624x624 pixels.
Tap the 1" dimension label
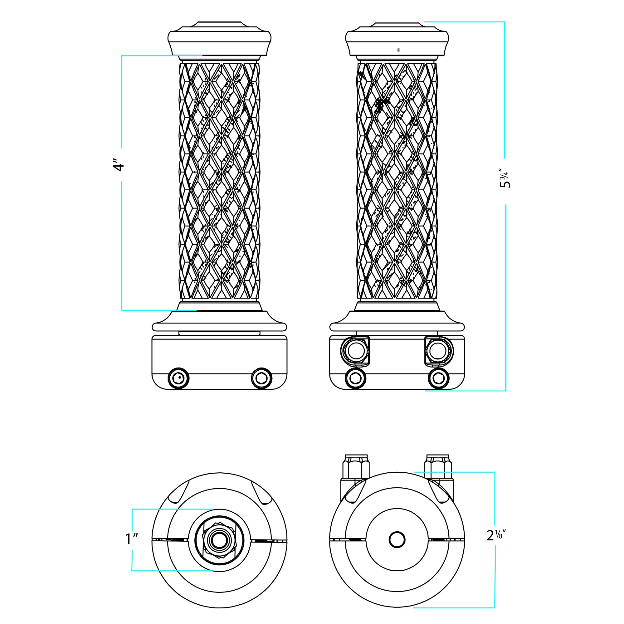132,539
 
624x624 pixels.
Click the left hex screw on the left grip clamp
178,378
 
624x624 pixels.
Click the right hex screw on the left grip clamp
262,378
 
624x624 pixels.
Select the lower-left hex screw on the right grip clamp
356,378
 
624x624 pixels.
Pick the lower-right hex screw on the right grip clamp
439,378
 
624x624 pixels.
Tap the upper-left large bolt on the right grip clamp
355,351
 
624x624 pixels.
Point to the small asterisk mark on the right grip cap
398,50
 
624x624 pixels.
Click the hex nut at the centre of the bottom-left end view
219,540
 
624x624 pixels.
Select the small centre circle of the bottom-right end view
397,540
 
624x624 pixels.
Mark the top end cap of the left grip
220,39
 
